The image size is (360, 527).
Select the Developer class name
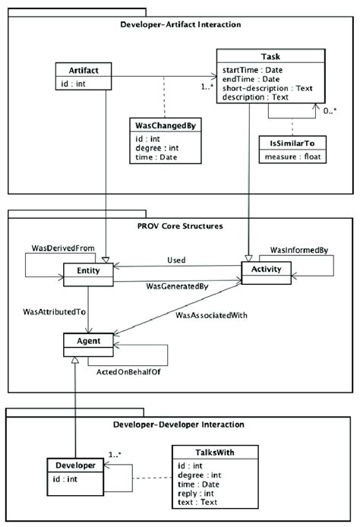coord(74,464)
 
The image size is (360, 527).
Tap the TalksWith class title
coord(203,453)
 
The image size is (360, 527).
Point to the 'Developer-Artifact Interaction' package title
coord(181,24)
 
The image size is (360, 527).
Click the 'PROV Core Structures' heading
coord(180,226)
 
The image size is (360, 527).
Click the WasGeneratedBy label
coord(177,287)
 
